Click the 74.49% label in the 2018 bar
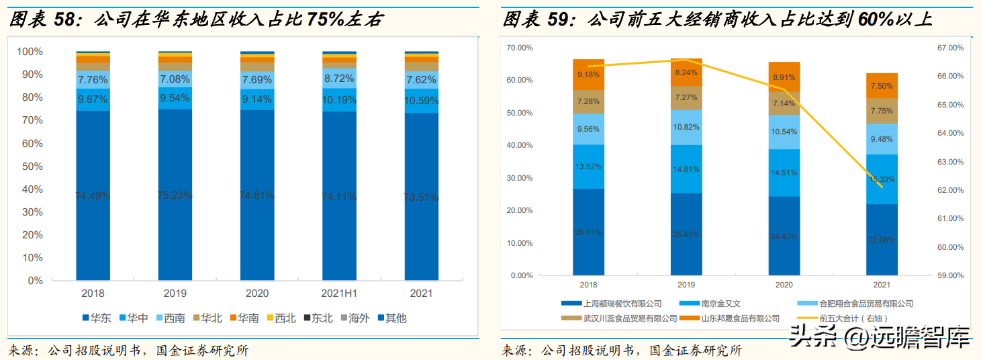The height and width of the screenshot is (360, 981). tap(93, 196)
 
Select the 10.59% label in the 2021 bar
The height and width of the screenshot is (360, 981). tap(422, 101)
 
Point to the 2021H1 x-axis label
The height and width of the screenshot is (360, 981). tap(339, 294)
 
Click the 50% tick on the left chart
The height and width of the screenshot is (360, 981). tap(30, 166)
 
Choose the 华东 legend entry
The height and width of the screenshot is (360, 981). tap(98, 318)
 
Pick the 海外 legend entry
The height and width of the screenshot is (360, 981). tap(353, 318)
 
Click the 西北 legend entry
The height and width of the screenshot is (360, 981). tap(280, 318)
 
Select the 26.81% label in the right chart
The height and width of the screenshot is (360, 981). tap(588, 232)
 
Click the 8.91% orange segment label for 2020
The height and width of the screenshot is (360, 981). tap(784, 77)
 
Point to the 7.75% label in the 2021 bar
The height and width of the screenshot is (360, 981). tap(881, 111)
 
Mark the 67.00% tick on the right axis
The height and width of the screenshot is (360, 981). tap(951, 48)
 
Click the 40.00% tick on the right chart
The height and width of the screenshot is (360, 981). tap(520, 145)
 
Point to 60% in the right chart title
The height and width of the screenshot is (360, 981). tap(875, 19)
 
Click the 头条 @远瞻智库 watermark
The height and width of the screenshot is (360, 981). tap(880, 335)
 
